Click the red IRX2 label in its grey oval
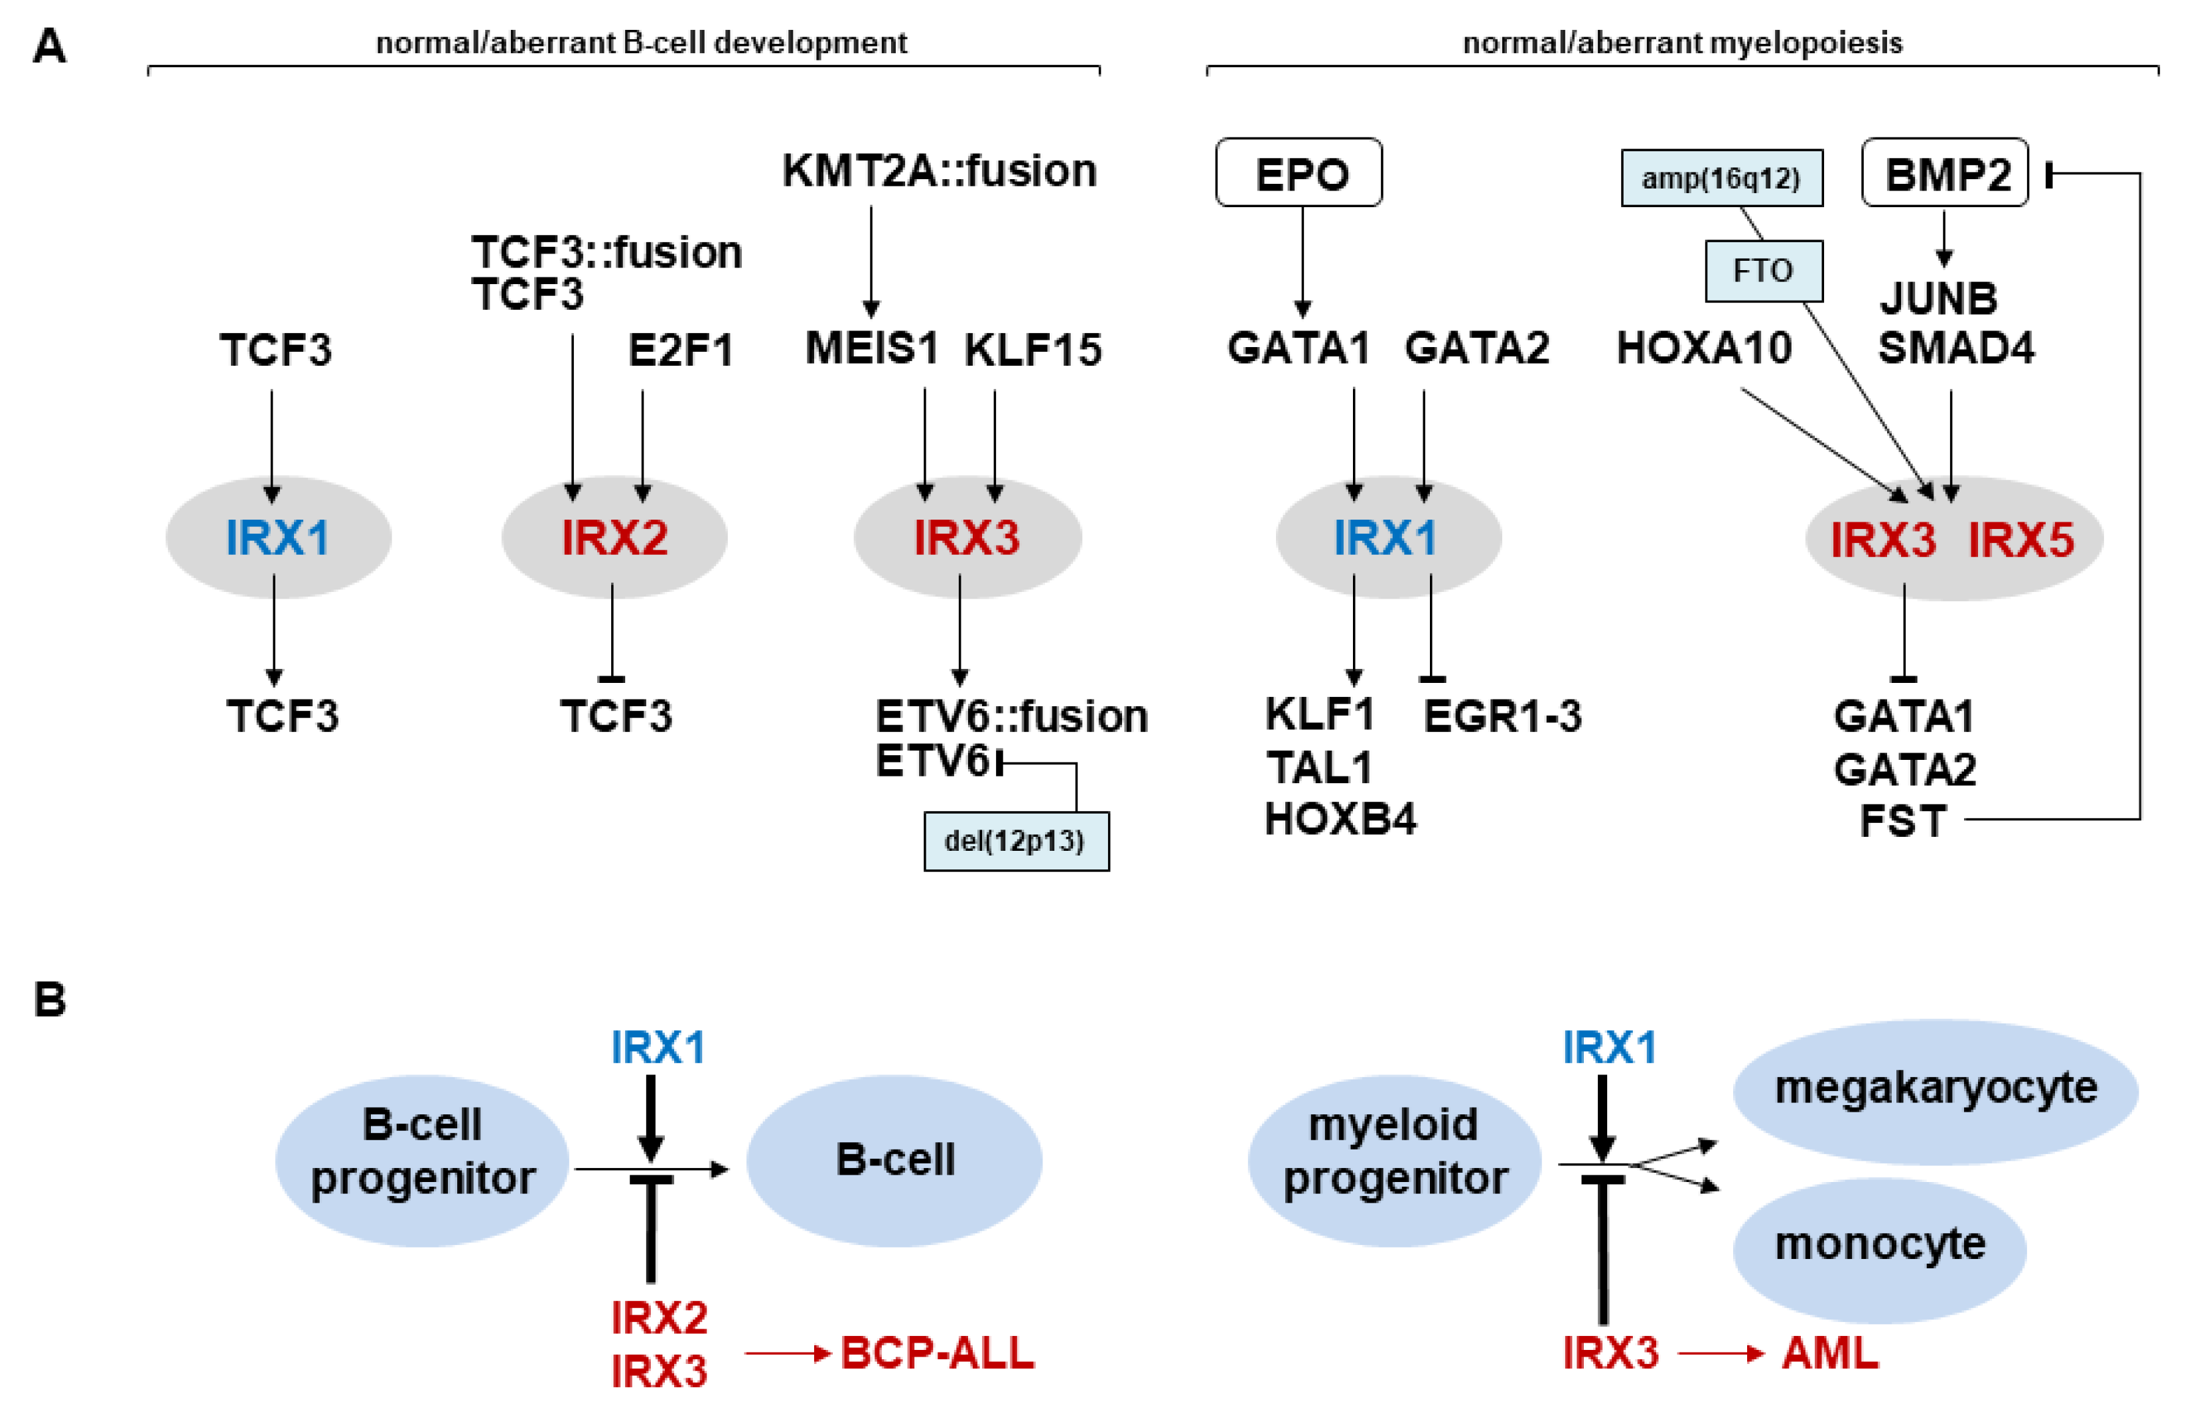pos(614,537)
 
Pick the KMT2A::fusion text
pos(939,171)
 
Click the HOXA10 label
pos(1703,348)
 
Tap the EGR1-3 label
pos(1502,715)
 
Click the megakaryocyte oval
pos(1934,1091)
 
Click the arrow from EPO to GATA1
pos(1303,260)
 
